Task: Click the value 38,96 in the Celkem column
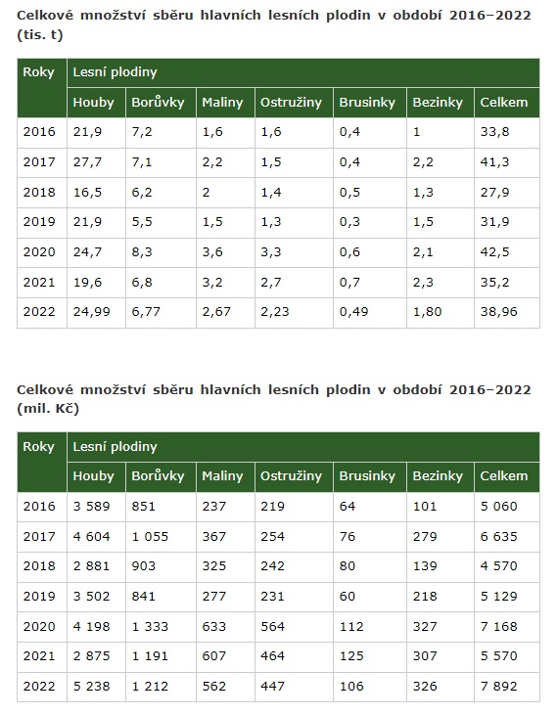pyautogui.click(x=498, y=312)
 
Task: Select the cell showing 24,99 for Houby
pyautogui.click(x=91, y=312)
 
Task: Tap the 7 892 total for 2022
pyautogui.click(x=498, y=687)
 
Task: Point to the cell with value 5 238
pyautogui.click(x=91, y=687)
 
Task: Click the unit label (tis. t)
pyautogui.click(x=40, y=35)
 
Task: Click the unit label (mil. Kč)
pyautogui.click(x=48, y=409)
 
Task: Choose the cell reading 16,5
pyautogui.click(x=87, y=193)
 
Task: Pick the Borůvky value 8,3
pyautogui.click(x=142, y=252)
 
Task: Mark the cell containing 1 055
pyautogui.click(x=150, y=537)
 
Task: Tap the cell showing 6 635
pyautogui.click(x=498, y=537)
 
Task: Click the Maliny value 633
pyautogui.click(x=213, y=626)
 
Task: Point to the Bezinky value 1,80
pyautogui.click(x=427, y=312)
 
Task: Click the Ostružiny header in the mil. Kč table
pyautogui.click(x=291, y=476)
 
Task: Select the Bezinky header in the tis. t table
pyautogui.click(x=438, y=103)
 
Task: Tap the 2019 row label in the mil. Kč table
pyautogui.click(x=39, y=597)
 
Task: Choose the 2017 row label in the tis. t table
pyautogui.click(x=39, y=162)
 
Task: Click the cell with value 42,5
pyautogui.click(x=494, y=252)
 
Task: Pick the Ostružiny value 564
pyautogui.click(x=272, y=626)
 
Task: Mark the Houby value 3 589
pyautogui.click(x=91, y=507)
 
